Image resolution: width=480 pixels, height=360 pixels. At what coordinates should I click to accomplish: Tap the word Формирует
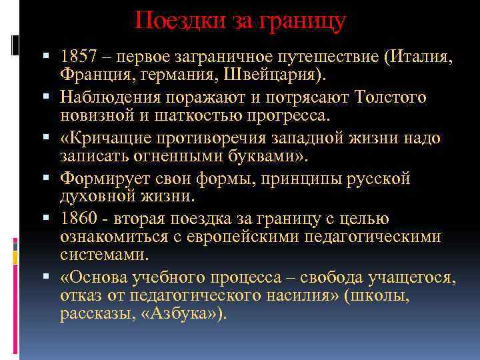pyautogui.click(x=105, y=179)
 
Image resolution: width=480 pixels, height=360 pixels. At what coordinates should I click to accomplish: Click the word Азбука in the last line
pyautogui.click(x=185, y=315)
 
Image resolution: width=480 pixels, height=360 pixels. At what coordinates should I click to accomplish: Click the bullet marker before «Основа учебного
pyautogui.click(x=51, y=277)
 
